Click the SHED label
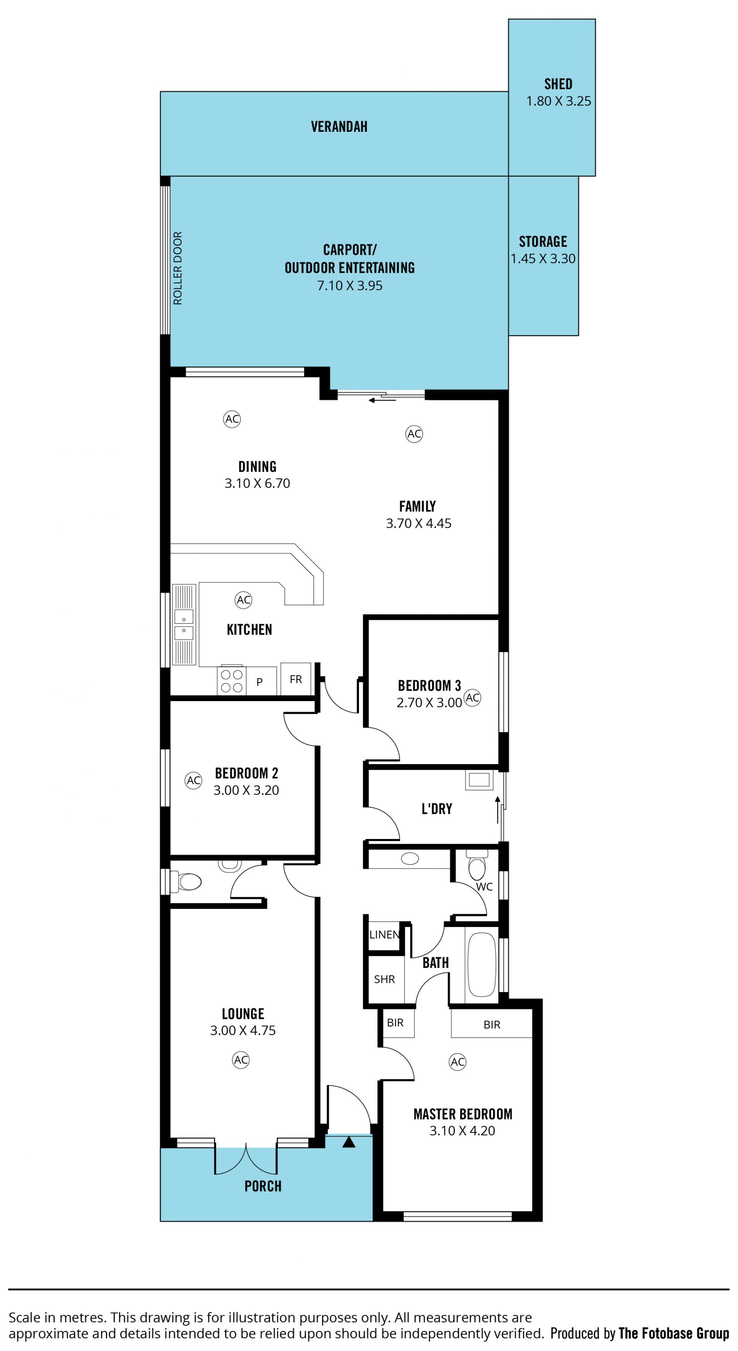point(558,84)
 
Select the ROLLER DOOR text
point(178,268)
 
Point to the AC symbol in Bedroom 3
point(473,698)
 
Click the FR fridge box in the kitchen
point(296,679)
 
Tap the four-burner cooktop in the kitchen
point(231,681)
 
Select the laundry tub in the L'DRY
point(479,780)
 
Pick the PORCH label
point(263,1186)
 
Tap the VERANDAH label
point(339,126)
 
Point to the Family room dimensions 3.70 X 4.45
point(419,523)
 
